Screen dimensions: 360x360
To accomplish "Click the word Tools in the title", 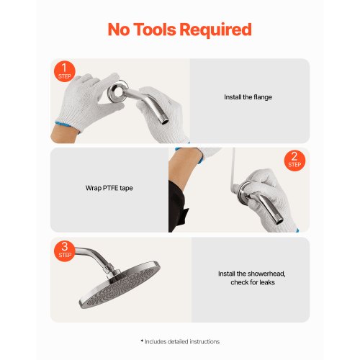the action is pos(154,30).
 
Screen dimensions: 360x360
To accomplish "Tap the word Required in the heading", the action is pos(215,30).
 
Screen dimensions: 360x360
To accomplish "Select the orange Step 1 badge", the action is pos(64,71).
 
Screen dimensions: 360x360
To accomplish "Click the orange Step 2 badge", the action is pos(294,161).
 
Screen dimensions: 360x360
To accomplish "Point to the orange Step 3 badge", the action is pos(65,251).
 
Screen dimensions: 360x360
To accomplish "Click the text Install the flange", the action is pos(248,97).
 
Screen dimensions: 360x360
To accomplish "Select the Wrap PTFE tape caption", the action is pos(109,188).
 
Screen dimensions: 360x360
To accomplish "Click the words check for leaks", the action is pos(253,282).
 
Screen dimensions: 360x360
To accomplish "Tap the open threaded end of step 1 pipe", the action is pos(165,122).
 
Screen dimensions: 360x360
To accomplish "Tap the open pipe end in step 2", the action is pos(279,220).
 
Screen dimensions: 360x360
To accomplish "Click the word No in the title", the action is pos(119,30).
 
